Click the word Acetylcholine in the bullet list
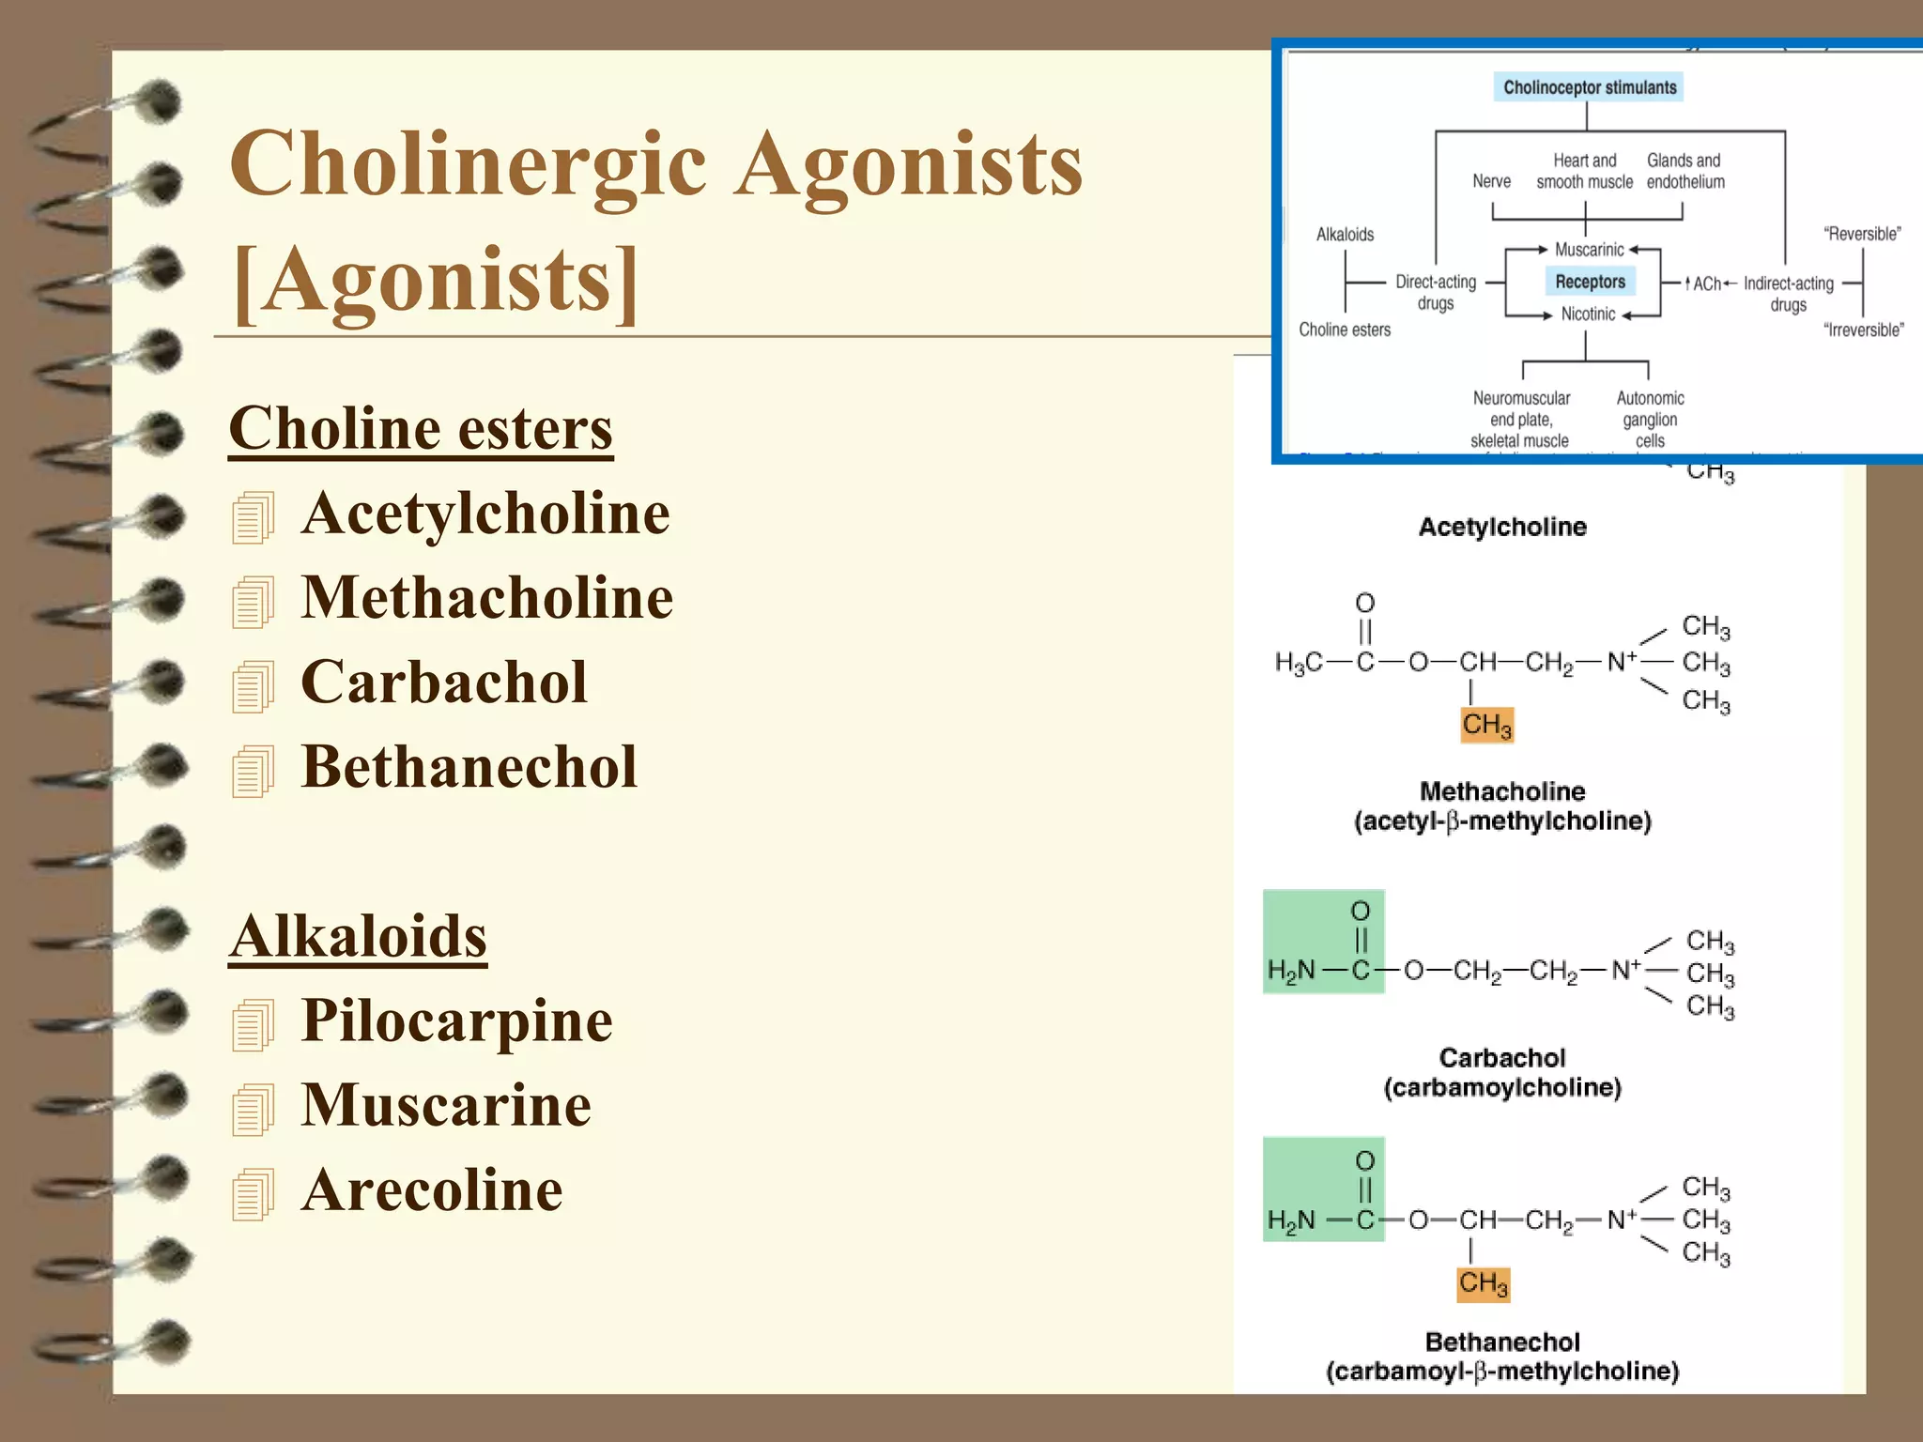click(x=485, y=514)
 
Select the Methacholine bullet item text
click(x=486, y=598)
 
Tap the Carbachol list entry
click(x=443, y=683)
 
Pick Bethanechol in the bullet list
click(x=469, y=767)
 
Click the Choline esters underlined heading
click(x=421, y=429)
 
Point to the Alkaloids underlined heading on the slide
click(x=358, y=936)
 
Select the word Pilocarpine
click(x=456, y=1020)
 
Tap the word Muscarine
click(x=446, y=1105)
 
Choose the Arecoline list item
click(x=432, y=1189)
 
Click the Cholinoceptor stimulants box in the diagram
click(x=1589, y=87)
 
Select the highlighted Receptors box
click(x=1590, y=282)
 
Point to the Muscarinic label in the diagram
click(x=1589, y=250)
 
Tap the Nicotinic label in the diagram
click(x=1588, y=314)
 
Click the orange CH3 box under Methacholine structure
click(x=1486, y=725)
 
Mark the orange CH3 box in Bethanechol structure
click(x=1483, y=1283)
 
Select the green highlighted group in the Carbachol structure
click(x=1323, y=942)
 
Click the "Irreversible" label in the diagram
click(x=1863, y=330)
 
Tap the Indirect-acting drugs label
click(x=1788, y=294)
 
